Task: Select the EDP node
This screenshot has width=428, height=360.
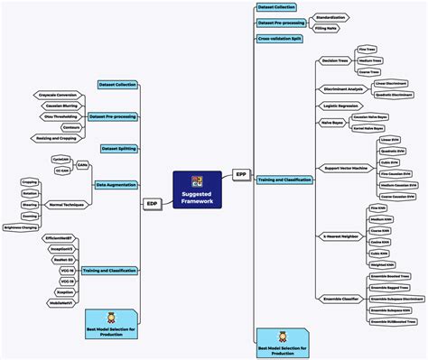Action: click(x=152, y=204)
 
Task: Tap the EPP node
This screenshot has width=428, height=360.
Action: click(x=240, y=173)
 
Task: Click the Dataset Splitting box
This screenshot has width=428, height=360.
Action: click(x=118, y=147)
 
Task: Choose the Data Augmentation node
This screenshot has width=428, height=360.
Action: click(x=116, y=184)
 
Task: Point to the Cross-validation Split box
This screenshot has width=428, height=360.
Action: click(x=281, y=39)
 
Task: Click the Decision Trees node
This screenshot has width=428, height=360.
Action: click(x=335, y=60)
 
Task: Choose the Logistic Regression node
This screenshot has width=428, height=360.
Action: click(x=338, y=105)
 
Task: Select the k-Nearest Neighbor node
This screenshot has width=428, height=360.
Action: click(x=340, y=235)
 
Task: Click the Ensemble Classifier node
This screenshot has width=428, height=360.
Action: click(x=341, y=299)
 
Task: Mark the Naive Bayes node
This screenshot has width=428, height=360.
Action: click(x=332, y=120)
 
